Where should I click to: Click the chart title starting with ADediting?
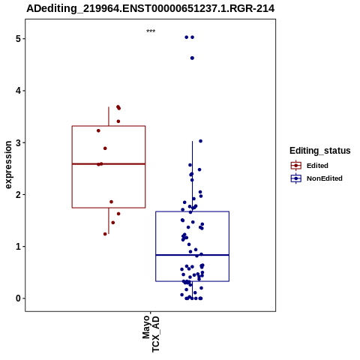(151, 8)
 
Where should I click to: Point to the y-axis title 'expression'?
(8, 165)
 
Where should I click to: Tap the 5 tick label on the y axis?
(18, 39)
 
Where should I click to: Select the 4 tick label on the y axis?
(18, 91)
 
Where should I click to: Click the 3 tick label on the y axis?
(18, 142)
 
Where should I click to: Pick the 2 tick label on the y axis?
(18, 194)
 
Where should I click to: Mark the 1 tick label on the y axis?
(18, 247)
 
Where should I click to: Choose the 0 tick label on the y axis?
(18, 298)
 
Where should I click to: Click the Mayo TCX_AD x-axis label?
(151, 334)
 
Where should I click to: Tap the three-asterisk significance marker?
(151, 31)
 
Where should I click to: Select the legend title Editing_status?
(320, 151)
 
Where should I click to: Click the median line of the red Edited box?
(109, 163)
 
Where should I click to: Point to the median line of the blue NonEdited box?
(192, 255)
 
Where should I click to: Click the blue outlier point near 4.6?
(192, 58)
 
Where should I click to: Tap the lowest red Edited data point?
(105, 234)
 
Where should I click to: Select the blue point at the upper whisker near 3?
(200, 141)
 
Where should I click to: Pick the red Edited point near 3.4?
(118, 121)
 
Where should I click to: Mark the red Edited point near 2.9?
(105, 148)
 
